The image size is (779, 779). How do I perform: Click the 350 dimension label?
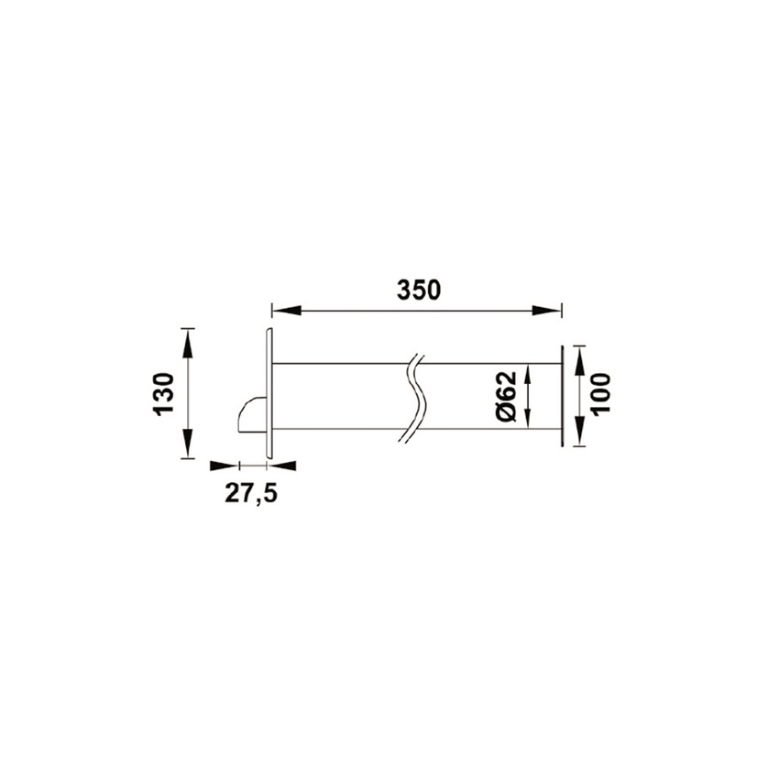pos(419,290)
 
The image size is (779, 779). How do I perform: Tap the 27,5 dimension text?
pos(251,494)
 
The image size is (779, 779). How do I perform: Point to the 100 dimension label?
pos(601,394)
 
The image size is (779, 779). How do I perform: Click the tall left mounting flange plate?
pos(269,392)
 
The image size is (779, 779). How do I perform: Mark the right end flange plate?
pos(560,396)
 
